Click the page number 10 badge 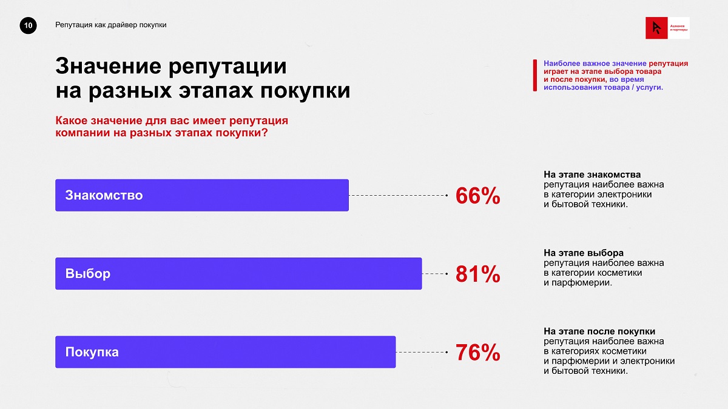coord(29,25)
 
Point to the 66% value coord(477,196)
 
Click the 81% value coord(477,274)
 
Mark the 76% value coord(477,353)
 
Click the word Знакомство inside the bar coord(104,196)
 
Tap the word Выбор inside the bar coord(88,274)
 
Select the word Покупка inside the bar coord(92,352)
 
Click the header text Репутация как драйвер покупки coord(110,25)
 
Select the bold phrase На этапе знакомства coord(592,175)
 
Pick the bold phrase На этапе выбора coord(584,253)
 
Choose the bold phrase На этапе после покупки coord(599,331)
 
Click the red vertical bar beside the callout coord(534,75)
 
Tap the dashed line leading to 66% coord(397,196)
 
